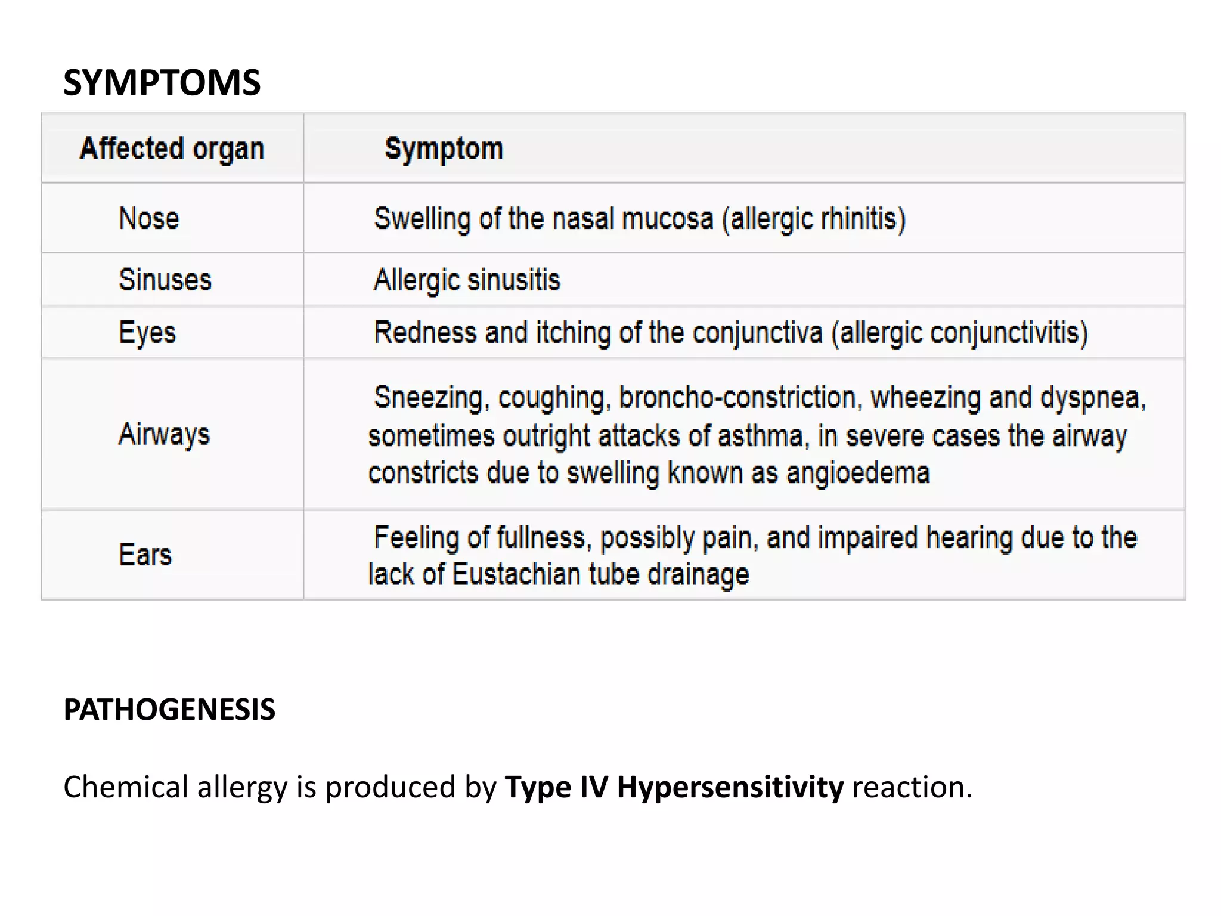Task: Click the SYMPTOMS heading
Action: click(x=162, y=82)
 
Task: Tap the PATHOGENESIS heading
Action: click(x=169, y=710)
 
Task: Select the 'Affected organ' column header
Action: click(x=172, y=148)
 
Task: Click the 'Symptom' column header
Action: click(x=444, y=148)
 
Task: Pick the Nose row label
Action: click(x=149, y=218)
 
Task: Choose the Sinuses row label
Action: click(x=165, y=280)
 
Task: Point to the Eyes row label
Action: click(x=147, y=333)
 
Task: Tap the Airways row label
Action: click(x=164, y=434)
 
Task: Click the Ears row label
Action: click(x=145, y=555)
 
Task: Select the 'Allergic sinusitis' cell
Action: click(x=467, y=280)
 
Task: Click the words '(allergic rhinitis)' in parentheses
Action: click(x=814, y=219)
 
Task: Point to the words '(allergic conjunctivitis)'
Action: click(x=960, y=333)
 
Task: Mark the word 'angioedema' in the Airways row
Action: click(x=858, y=473)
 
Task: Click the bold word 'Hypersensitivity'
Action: click(x=730, y=787)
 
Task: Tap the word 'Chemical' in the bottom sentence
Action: click(x=126, y=787)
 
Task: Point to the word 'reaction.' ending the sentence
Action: click(x=912, y=787)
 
